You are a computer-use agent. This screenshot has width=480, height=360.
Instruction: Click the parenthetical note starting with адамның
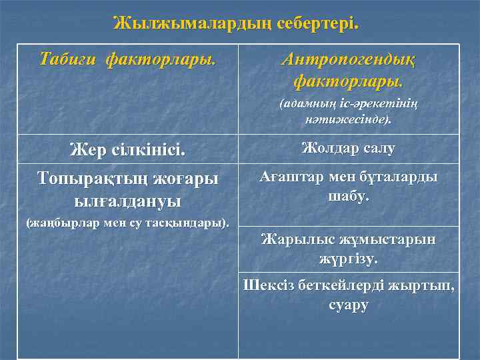(x=348, y=112)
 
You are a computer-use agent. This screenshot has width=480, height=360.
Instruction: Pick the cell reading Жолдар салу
(x=348, y=148)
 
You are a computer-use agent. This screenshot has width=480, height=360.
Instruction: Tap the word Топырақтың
(x=94, y=179)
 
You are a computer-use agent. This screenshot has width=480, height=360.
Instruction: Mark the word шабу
(x=348, y=197)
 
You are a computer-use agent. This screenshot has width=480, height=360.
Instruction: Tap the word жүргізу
(x=348, y=259)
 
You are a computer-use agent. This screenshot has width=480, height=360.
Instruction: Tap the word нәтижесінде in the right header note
(x=348, y=121)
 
